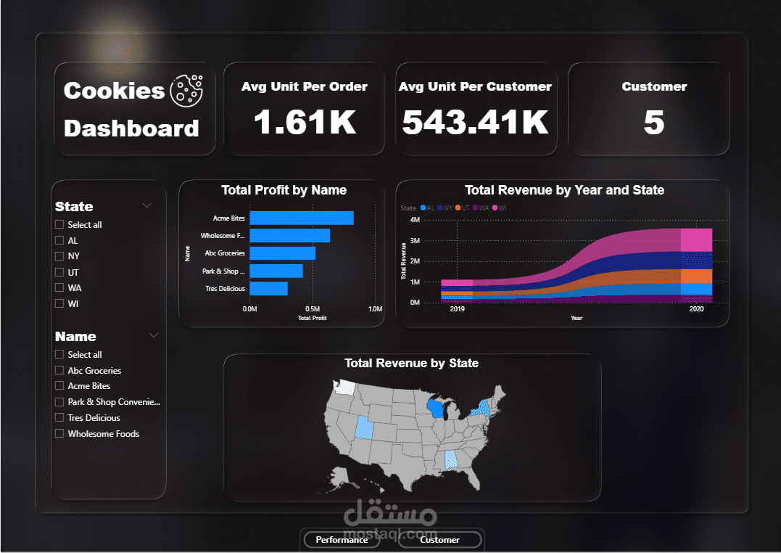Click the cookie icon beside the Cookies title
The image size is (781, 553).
[187, 89]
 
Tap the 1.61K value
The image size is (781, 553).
[305, 121]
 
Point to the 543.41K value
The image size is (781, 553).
[475, 121]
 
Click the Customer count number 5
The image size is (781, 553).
[653, 122]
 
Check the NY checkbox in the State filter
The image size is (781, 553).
[59, 256]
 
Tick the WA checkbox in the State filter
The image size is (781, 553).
[59, 288]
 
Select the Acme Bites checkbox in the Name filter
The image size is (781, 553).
[59, 386]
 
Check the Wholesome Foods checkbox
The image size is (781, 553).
[59, 434]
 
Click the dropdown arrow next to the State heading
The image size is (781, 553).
[147, 206]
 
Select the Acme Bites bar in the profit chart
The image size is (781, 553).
[301, 218]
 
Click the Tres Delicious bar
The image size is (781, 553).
[268, 288]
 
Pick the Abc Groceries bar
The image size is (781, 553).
[282, 253]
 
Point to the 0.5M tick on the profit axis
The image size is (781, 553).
[313, 309]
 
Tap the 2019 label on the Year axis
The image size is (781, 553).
[458, 310]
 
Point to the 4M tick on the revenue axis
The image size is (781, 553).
[415, 220]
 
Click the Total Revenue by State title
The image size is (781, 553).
[411, 363]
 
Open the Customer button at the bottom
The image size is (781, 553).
[439, 540]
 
